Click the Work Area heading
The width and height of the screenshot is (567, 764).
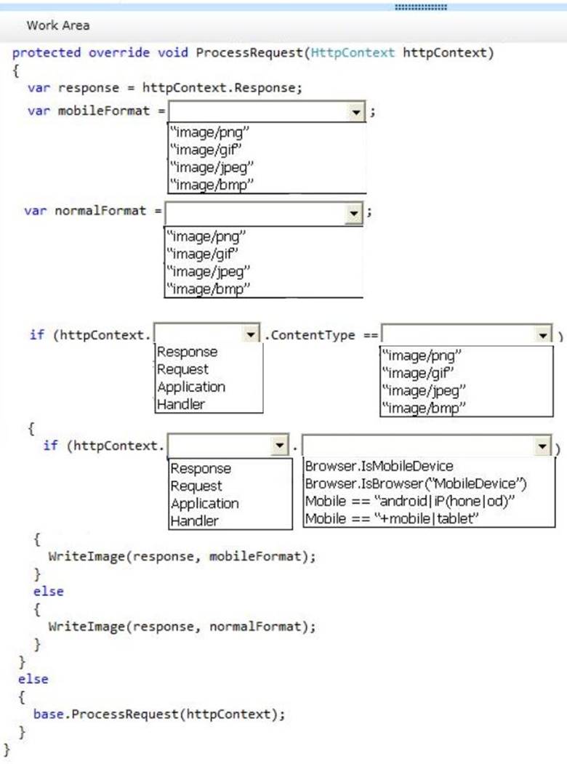coord(58,25)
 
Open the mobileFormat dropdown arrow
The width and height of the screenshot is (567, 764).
coord(355,112)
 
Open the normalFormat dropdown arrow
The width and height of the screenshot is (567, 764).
coord(353,213)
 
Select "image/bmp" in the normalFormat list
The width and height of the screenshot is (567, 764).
coord(208,289)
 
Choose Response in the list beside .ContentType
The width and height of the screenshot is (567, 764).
coord(187,352)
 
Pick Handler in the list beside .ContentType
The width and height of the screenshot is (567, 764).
coord(181,404)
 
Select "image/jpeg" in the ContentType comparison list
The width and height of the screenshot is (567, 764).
coord(422,390)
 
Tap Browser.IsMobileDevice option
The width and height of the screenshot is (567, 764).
coord(379,466)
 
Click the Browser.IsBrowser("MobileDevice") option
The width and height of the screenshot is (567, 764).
coord(416,483)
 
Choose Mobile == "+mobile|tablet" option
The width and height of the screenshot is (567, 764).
coord(393,518)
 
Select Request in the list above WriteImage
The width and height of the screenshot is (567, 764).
coord(196,486)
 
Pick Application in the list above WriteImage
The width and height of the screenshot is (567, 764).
coord(204,503)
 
